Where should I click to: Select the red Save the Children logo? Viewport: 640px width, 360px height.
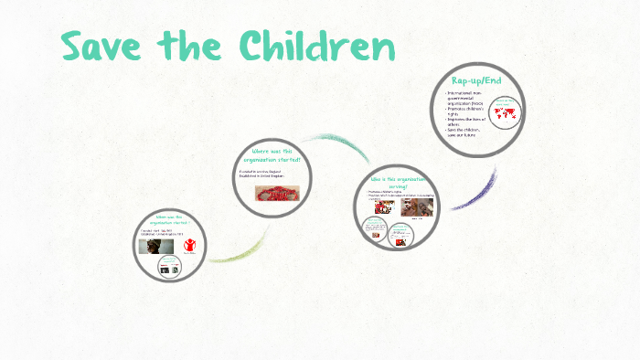pos(190,245)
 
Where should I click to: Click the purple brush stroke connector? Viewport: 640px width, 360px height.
pos(476,192)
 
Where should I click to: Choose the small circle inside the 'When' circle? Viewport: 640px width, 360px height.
pos(169,265)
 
